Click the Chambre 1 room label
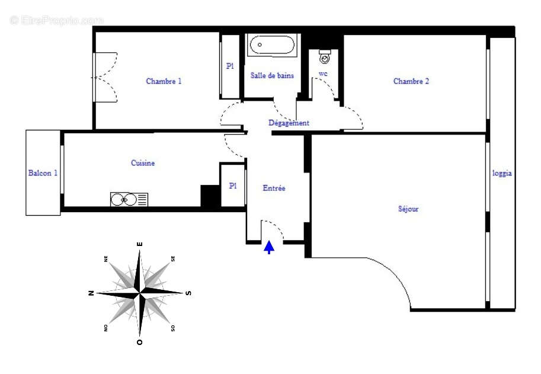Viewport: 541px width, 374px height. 164,81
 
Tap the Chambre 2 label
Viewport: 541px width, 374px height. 411,81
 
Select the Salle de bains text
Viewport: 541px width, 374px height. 272,76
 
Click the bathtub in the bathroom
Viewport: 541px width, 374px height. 272,46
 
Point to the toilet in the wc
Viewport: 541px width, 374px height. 325,56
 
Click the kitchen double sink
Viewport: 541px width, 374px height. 129,199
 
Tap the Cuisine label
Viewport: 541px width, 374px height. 143,163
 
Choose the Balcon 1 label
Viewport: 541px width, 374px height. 43,173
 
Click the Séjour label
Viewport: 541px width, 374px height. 408,209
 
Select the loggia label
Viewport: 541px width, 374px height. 502,174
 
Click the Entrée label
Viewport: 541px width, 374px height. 274,188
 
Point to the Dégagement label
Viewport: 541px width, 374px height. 289,123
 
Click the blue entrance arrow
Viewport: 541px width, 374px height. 269,247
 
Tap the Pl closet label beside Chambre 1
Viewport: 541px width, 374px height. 230,66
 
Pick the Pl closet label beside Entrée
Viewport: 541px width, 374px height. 233,186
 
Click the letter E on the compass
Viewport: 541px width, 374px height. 140,244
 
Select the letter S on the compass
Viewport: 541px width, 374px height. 188,293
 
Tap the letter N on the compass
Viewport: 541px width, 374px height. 91,293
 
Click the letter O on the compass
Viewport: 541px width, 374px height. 140,342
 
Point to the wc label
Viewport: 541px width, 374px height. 323,73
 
